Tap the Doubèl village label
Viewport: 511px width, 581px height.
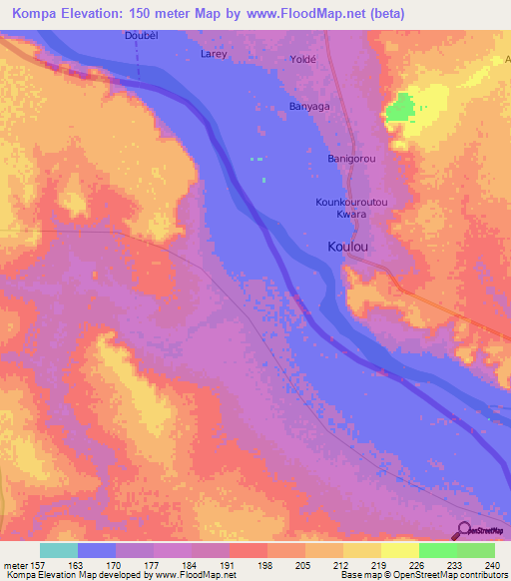[x=142, y=37]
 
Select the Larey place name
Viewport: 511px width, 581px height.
[x=214, y=53]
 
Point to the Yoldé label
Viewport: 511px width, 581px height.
[x=302, y=59]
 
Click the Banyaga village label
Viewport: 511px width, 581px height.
[x=308, y=105]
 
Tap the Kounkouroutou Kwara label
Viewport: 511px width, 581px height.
[x=350, y=208]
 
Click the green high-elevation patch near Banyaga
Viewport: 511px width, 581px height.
[x=400, y=107]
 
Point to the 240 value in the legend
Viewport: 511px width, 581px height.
[x=492, y=564]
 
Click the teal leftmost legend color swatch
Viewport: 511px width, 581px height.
[x=59, y=550]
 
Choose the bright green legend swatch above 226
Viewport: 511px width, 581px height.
[x=437, y=550]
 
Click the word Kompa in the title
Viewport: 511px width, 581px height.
[x=29, y=13]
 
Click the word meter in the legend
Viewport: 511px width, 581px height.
[x=16, y=564]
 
